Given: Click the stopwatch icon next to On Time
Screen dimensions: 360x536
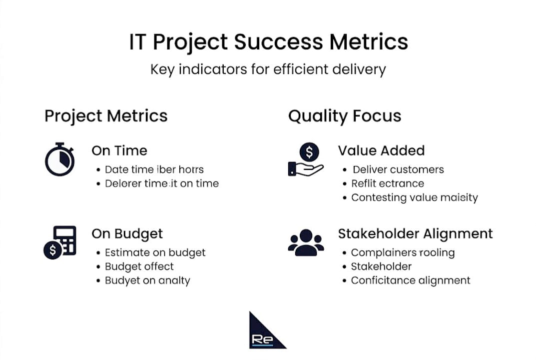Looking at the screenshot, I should (60, 159).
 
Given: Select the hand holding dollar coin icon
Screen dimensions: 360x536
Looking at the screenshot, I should (306, 159).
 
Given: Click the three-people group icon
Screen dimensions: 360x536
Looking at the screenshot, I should (306, 242).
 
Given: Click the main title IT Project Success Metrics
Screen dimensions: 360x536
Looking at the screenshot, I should (268, 42).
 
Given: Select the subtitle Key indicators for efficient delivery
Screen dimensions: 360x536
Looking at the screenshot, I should (268, 69).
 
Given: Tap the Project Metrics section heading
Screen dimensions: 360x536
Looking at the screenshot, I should (106, 116).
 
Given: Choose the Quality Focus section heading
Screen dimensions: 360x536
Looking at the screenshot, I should (345, 116).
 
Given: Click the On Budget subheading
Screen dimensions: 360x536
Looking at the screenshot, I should (127, 233).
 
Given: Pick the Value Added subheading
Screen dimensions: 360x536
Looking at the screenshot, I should (381, 150).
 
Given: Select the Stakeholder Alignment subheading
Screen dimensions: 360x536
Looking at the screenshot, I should (415, 233).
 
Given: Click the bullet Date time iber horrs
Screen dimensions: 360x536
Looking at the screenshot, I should (154, 169).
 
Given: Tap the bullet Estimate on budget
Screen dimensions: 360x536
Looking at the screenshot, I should (155, 252).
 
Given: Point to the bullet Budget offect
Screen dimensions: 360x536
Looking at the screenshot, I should (139, 266).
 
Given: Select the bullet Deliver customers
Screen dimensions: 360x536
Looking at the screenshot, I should (398, 169).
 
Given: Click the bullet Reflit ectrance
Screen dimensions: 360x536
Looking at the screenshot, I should (387, 183).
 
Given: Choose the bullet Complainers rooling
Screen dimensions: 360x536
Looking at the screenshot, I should (403, 252).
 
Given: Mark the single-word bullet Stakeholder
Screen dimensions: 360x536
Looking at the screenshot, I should (381, 266).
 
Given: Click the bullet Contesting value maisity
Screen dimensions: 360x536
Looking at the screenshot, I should (414, 197).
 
